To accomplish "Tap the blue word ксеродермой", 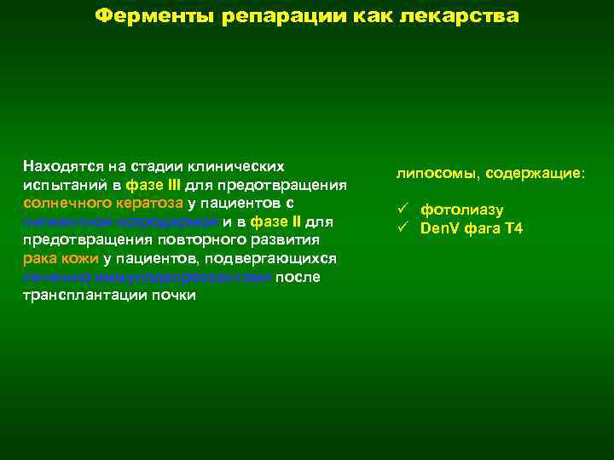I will click(x=178, y=221).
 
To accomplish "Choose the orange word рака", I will click(x=38, y=258).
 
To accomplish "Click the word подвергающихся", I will click(x=277, y=258).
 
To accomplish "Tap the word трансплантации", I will click(x=78, y=296).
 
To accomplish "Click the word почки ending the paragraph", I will click(x=176, y=296).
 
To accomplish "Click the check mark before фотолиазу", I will click(x=403, y=210).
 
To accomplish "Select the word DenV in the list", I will click(x=438, y=228).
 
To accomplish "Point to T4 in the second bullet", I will click(x=513, y=228).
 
